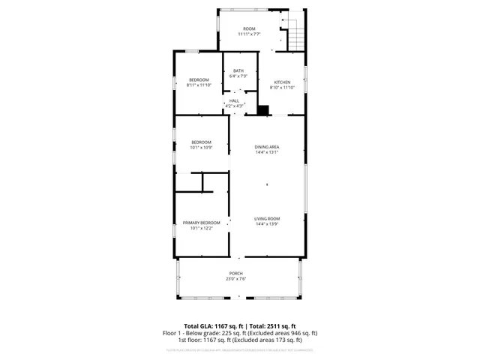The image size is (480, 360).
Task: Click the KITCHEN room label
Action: click(x=282, y=82)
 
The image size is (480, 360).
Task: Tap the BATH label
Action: click(x=238, y=70)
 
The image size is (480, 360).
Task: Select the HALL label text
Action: click(x=234, y=100)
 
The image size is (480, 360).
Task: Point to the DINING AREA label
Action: click(x=267, y=146)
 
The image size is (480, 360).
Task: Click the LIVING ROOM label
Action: click(x=267, y=218)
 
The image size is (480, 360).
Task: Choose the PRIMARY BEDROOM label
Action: click(x=202, y=223)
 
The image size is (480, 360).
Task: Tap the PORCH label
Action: click(x=236, y=273)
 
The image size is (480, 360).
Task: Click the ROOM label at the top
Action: click(x=249, y=28)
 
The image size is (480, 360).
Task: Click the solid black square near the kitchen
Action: click(x=263, y=111)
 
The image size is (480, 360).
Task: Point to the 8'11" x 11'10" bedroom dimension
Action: click(x=199, y=86)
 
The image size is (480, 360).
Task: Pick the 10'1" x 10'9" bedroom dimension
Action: click(x=200, y=148)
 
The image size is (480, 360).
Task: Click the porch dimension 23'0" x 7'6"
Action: click(x=236, y=279)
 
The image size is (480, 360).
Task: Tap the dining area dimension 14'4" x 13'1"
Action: click(x=267, y=152)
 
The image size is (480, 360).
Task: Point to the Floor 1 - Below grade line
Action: click(x=240, y=333)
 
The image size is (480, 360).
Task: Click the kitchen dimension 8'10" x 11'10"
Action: click(x=282, y=88)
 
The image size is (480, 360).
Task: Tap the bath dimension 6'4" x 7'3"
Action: click(x=238, y=76)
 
